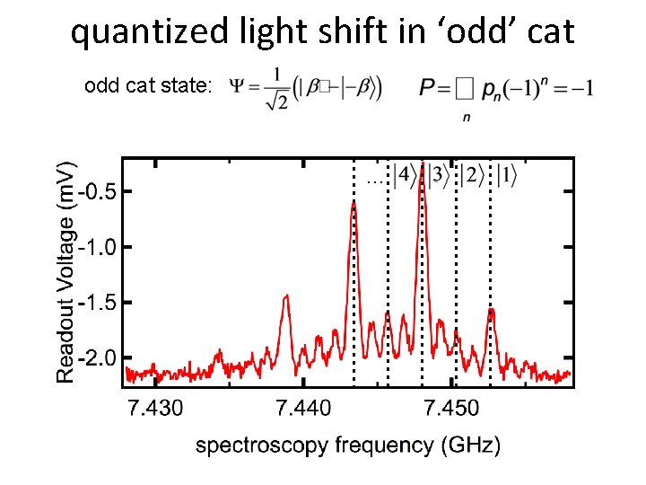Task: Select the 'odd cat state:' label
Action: click(148, 86)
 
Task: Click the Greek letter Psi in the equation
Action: click(239, 87)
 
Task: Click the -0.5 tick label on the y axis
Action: click(100, 191)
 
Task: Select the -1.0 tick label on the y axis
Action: click(100, 247)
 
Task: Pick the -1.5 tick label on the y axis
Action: click(100, 303)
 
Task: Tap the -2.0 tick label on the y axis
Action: click(100, 358)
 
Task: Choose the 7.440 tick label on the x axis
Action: click(303, 410)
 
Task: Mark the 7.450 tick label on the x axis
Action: click(451, 410)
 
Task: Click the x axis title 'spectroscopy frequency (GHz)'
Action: click(348, 445)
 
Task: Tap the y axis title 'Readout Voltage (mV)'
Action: click(67, 272)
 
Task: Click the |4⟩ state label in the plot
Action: click(405, 175)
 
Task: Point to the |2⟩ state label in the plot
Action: click(471, 175)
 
